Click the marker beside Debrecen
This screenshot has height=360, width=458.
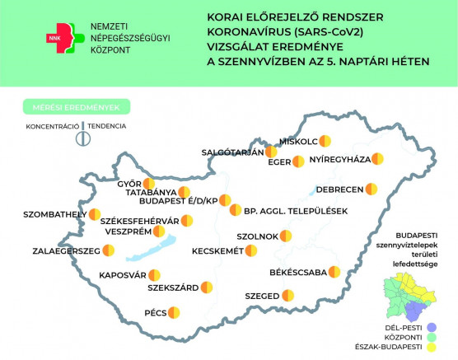[x=372, y=189]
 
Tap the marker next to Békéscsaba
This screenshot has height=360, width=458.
[x=334, y=272]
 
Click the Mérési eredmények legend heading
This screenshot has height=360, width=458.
[x=72, y=107]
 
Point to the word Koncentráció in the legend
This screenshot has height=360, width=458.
[x=52, y=126]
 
